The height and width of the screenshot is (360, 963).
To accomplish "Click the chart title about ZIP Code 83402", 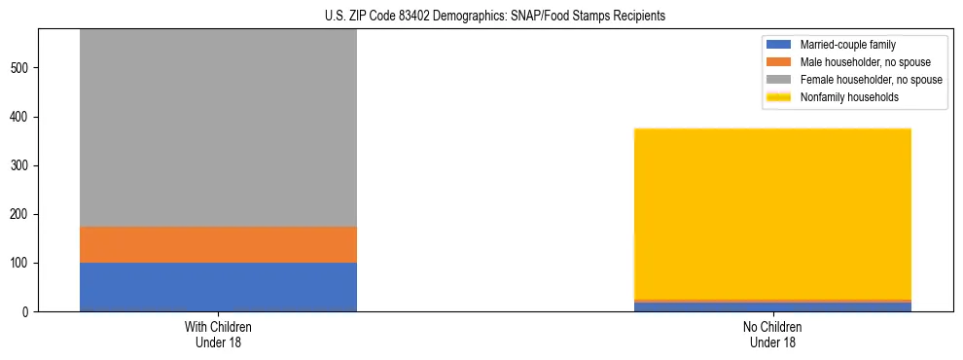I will tap(495, 17).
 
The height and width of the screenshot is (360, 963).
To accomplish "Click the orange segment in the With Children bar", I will tap(218, 244).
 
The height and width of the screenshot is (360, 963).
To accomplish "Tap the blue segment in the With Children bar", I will tap(218, 287).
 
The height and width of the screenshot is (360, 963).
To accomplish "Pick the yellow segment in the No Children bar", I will tap(772, 213).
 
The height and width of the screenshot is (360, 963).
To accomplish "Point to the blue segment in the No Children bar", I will tap(772, 306).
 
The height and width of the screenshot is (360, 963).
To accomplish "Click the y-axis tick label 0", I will tap(27, 312).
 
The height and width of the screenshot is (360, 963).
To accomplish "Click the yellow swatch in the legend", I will tap(779, 97).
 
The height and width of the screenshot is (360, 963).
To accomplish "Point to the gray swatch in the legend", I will tap(779, 80).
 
